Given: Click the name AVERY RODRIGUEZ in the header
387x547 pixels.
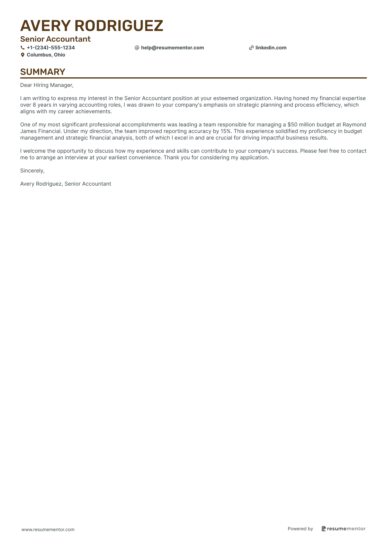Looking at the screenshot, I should pos(92,26).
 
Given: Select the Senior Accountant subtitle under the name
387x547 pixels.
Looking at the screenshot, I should pos(55,39).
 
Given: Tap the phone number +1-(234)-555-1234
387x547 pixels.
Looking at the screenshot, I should pos(51,48).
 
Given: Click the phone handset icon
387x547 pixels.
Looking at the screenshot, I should pos(23,48).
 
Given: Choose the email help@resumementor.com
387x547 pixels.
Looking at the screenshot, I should pos(172,48).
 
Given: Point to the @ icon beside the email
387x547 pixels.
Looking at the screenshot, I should pos(137,48).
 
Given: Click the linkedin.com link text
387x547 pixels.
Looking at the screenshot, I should pos(271,48).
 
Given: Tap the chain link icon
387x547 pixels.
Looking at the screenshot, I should pos(251,48).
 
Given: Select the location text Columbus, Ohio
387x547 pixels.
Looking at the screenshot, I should pos(46,55).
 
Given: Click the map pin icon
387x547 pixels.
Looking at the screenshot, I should pos(23,55).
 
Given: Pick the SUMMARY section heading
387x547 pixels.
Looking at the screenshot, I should pos(43,72).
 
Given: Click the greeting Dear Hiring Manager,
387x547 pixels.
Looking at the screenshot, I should pos(47,85).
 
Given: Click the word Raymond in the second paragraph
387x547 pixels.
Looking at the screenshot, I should pos(354,125).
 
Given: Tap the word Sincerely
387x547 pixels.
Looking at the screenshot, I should pos(32,171).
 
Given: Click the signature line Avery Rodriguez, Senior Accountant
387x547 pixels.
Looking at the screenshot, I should pos(66,184).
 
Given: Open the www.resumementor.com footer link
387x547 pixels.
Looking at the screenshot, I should pos(48,529).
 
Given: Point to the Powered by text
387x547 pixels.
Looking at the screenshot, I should pos(300,529).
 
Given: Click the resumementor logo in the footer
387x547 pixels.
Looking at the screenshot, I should pos(344,529).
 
